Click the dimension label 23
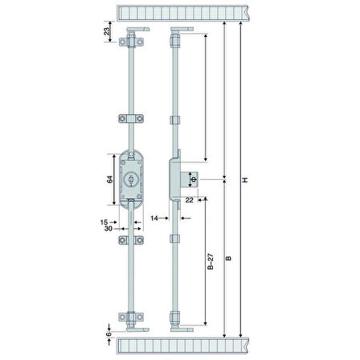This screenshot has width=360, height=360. (107, 31)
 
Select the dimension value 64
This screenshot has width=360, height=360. (110, 179)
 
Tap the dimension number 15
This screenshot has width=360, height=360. (104, 222)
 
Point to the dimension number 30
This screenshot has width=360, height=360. (108, 228)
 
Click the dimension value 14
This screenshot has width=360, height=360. (154, 219)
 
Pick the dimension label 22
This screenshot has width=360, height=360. (190, 200)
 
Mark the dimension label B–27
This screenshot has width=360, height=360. (211, 261)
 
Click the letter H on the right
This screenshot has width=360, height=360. (245, 180)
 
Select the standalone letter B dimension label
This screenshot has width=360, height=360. (228, 258)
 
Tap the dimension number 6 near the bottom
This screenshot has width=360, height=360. (108, 334)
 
